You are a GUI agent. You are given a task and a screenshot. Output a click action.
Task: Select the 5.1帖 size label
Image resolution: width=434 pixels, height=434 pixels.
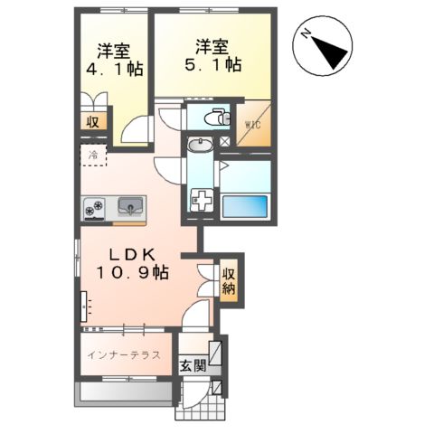(x=213, y=65)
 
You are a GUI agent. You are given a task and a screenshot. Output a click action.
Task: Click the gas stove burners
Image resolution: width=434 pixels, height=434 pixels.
(x=95, y=210)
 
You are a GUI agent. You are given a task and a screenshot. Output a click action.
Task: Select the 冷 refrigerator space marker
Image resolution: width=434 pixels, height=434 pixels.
(x=92, y=156)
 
